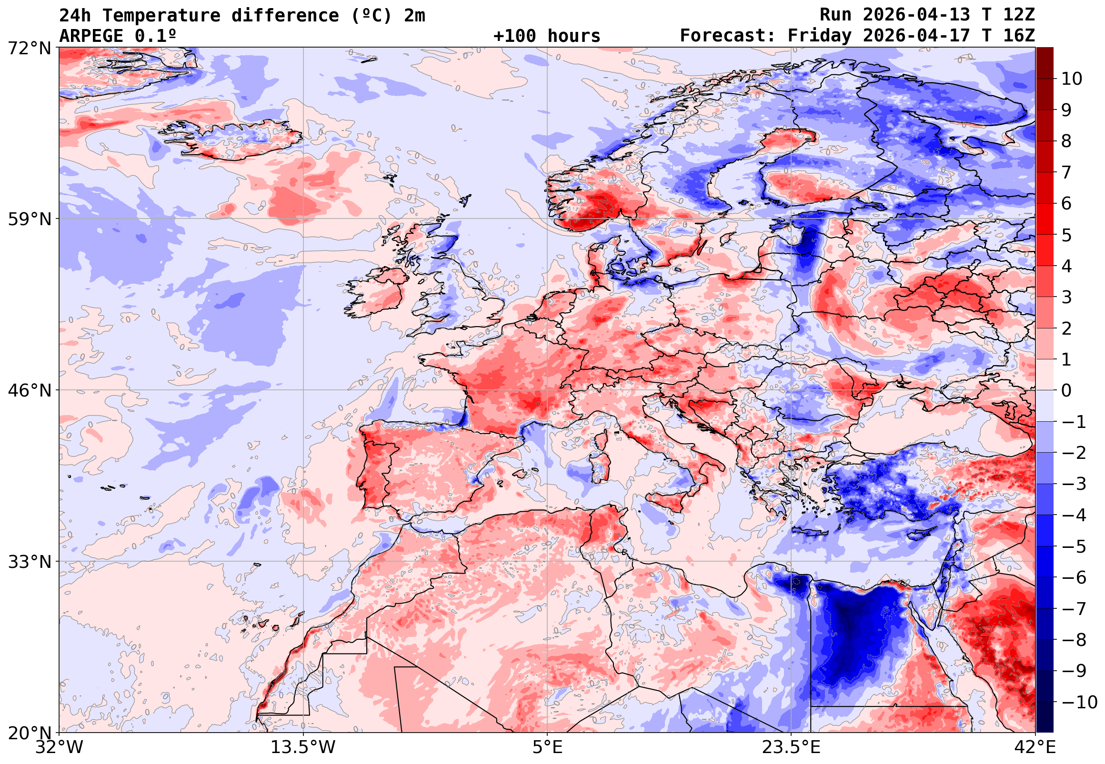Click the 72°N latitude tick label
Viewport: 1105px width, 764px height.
pos(29,48)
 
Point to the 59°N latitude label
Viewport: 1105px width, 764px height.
pos(29,219)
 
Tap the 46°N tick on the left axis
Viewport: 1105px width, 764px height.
pos(29,391)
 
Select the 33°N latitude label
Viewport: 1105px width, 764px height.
pos(29,562)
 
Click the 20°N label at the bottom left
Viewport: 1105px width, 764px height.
pos(29,733)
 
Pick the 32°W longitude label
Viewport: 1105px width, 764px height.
pos(60,747)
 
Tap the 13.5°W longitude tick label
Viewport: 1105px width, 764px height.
pos(303,747)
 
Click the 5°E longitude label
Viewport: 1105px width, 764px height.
pos(547,747)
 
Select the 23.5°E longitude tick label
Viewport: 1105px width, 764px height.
pos(791,747)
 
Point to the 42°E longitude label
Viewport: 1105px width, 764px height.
pos(1035,747)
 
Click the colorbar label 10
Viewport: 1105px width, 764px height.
pos(1072,79)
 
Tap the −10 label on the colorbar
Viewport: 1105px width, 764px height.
pos(1079,702)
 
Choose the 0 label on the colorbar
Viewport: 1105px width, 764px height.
pos(1066,391)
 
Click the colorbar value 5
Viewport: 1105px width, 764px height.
pos(1066,236)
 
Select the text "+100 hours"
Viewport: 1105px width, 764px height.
pos(546,36)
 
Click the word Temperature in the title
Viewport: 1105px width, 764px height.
pos(161,16)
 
